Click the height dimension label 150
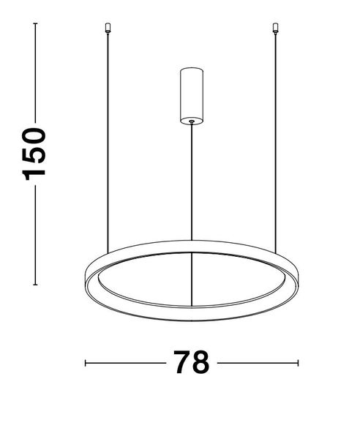click(34, 154)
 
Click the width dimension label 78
click(192, 362)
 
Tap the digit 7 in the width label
click(182, 362)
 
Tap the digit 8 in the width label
click(200, 362)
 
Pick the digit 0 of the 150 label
click(34, 137)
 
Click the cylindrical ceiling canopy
click(192, 96)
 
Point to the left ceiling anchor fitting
click(108, 29)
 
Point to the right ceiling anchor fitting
click(275, 29)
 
